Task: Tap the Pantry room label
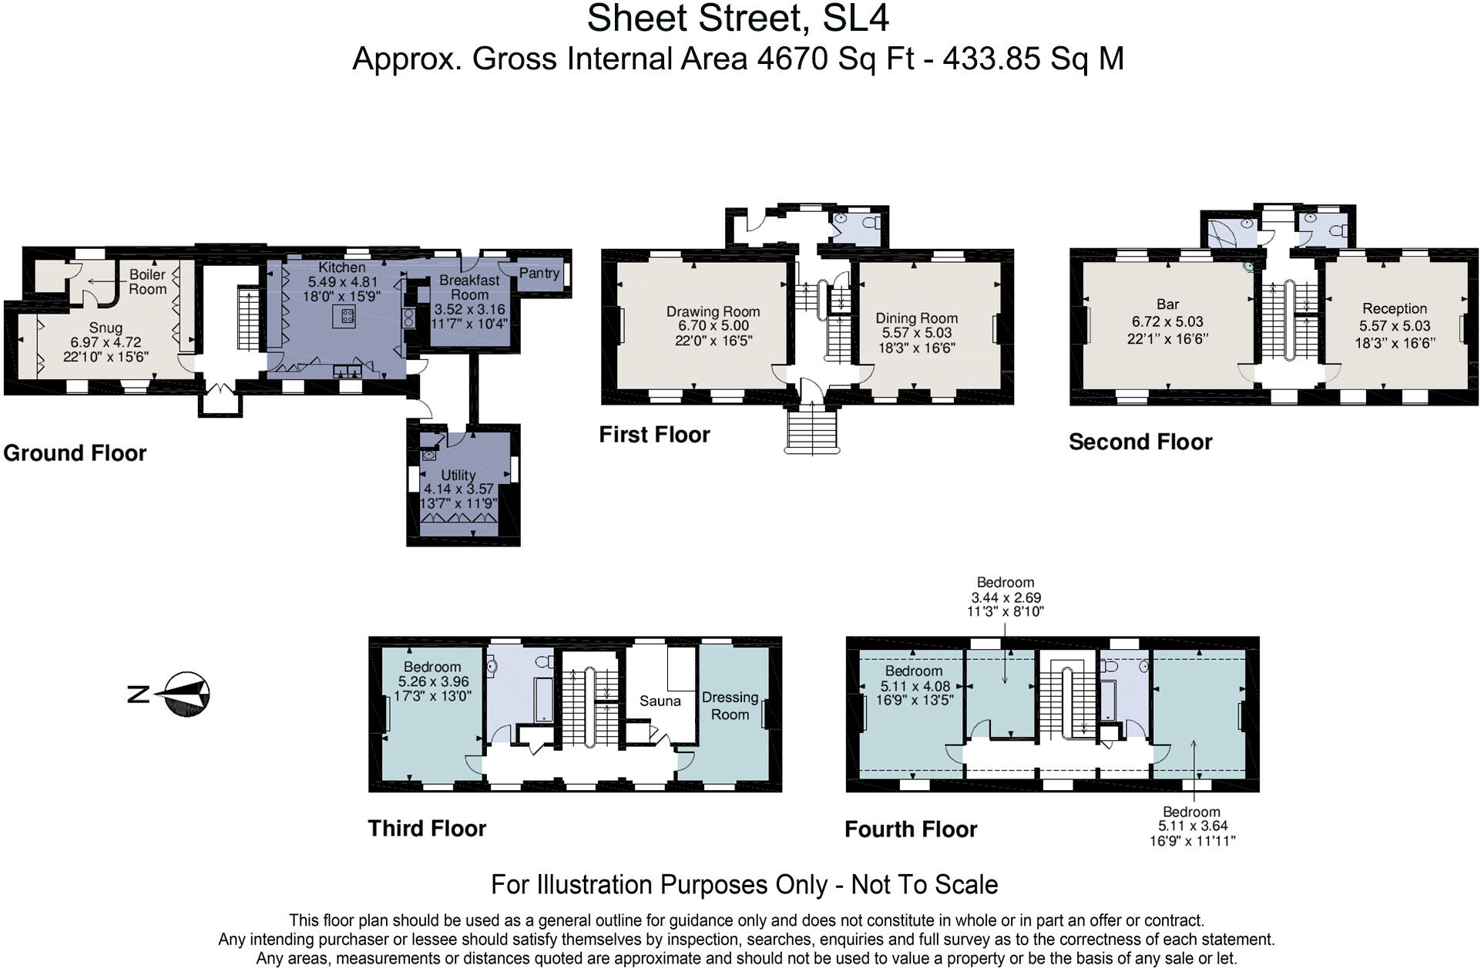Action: [539, 273]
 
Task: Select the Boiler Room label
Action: [147, 281]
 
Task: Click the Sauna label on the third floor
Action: [660, 701]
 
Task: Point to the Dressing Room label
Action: [730, 705]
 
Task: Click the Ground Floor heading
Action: [75, 452]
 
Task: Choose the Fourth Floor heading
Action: [911, 829]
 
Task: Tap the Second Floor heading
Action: [1140, 442]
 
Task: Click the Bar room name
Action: [1167, 304]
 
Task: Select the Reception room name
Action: [1395, 308]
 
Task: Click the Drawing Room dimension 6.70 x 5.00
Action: [713, 326]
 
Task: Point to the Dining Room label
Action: [917, 318]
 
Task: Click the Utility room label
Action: [458, 475]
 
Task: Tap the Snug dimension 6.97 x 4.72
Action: [106, 342]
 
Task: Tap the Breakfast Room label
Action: [469, 288]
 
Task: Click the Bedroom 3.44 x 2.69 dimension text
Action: [1006, 597]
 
